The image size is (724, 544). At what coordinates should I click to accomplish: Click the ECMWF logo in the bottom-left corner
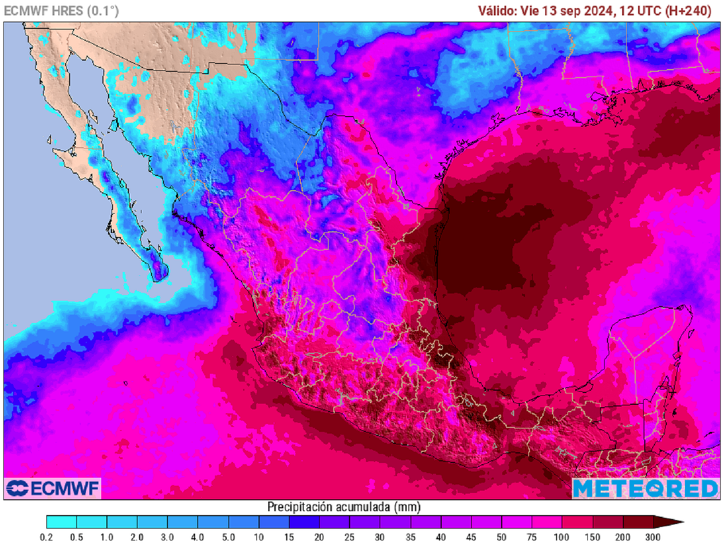tap(52, 488)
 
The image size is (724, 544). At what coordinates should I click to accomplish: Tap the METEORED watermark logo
tap(645, 488)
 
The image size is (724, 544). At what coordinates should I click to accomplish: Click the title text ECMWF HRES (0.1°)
tap(62, 11)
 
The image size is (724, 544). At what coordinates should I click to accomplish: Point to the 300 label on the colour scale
tap(653, 537)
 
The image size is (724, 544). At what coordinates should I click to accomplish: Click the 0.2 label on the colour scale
tap(47, 537)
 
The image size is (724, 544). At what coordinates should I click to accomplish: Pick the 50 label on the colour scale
tap(501, 537)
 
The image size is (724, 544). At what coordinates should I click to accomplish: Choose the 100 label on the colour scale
tap(562, 537)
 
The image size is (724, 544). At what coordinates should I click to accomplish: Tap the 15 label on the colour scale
tap(289, 537)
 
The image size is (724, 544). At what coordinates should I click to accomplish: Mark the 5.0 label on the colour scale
tap(228, 537)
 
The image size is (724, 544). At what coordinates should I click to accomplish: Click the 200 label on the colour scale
tap(623, 537)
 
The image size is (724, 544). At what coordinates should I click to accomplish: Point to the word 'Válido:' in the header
tap(498, 11)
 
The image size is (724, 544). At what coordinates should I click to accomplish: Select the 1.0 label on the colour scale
tap(107, 537)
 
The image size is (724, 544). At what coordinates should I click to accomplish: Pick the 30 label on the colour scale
tap(380, 537)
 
